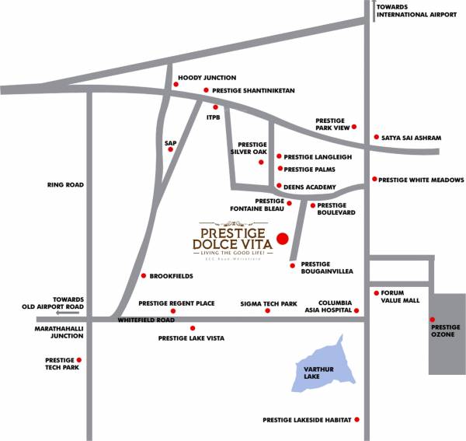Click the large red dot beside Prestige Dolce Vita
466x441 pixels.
pos(283,238)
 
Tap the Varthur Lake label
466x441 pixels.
pos(311,372)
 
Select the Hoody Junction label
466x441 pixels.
pos(207,78)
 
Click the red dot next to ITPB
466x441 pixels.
pos(215,107)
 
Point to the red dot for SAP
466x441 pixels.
pos(170,149)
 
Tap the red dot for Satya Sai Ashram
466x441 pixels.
pos(376,138)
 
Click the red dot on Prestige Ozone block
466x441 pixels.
pos(432,320)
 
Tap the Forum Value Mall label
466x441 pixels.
pos(401,296)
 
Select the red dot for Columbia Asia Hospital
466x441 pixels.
pos(357,310)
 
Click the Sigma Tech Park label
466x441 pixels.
pos(269,303)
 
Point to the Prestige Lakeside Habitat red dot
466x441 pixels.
pos(357,419)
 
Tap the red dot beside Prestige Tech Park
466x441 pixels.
pos(78,359)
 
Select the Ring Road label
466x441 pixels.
pos(65,185)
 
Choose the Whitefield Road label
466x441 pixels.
pos(146,320)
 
